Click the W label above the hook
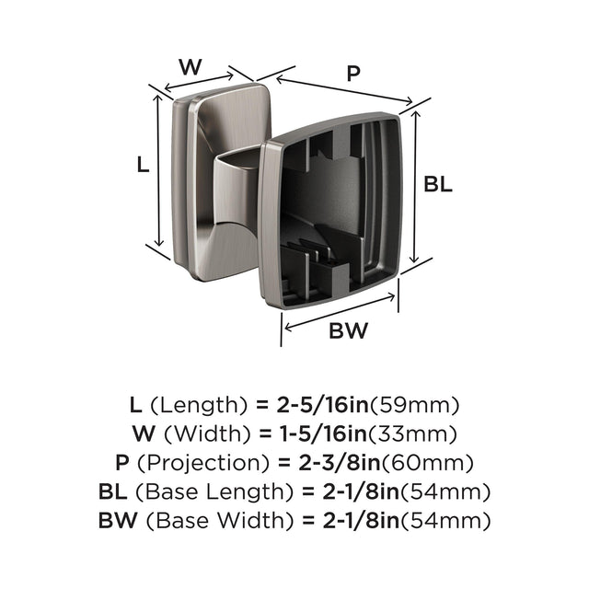[191, 67]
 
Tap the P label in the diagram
[353, 73]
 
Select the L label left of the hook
[144, 165]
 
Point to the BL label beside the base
[438, 184]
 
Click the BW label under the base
[348, 330]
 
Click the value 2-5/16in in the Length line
[323, 405]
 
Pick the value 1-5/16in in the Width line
[323, 433]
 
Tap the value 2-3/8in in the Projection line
[340, 463]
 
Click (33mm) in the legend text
[412, 434]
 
